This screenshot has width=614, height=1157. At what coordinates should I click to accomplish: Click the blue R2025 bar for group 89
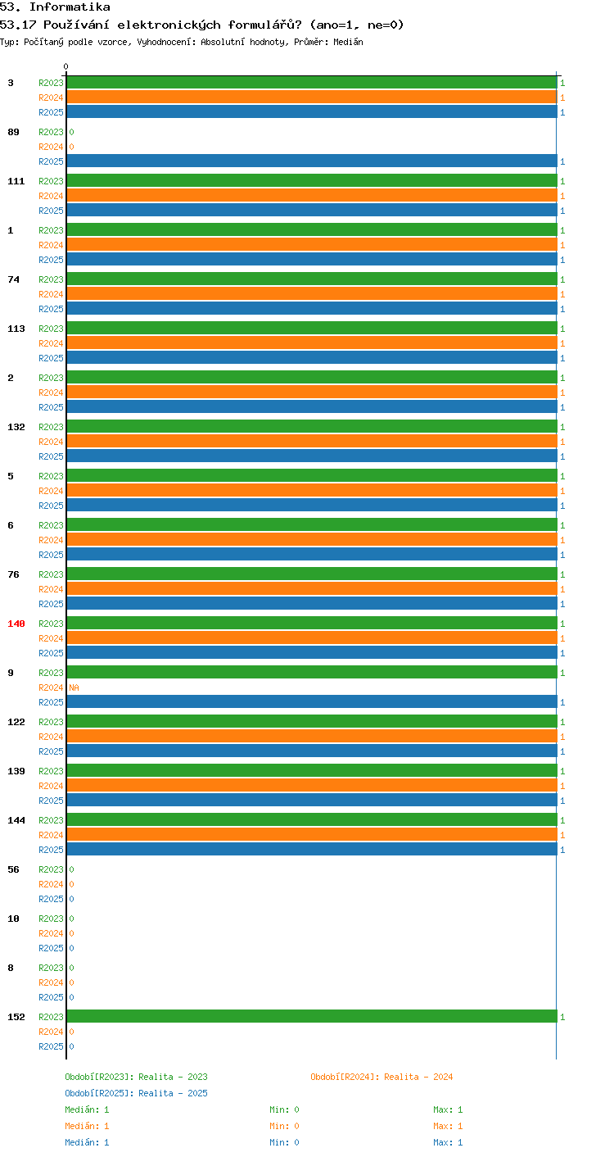click(312, 161)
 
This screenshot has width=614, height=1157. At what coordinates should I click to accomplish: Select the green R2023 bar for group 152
click(312, 1016)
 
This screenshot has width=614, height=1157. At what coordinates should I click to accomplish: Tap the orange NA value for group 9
click(74, 687)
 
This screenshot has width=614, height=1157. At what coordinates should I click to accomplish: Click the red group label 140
click(16, 624)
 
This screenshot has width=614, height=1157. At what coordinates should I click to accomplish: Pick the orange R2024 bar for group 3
click(312, 98)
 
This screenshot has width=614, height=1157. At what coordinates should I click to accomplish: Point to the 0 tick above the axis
click(65, 66)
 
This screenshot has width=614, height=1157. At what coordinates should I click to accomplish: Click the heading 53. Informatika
click(55, 7)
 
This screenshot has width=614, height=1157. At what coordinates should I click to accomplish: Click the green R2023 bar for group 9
click(312, 672)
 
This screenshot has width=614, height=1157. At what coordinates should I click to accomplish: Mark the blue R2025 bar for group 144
click(312, 849)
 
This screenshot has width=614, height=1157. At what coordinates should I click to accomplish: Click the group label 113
click(16, 329)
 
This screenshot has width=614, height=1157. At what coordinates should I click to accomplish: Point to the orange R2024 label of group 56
click(51, 884)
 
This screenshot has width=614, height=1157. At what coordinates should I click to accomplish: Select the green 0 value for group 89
click(71, 132)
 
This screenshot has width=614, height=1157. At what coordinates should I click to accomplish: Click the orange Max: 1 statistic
click(448, 1126)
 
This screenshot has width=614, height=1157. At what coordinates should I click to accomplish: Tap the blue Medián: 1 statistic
click(87, 1142)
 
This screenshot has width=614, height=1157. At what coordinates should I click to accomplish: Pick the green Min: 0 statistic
click(284, 1109)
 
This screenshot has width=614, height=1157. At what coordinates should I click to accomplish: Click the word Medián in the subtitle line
click(348, 42)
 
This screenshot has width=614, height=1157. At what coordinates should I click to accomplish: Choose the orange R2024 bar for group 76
click(312, 588)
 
